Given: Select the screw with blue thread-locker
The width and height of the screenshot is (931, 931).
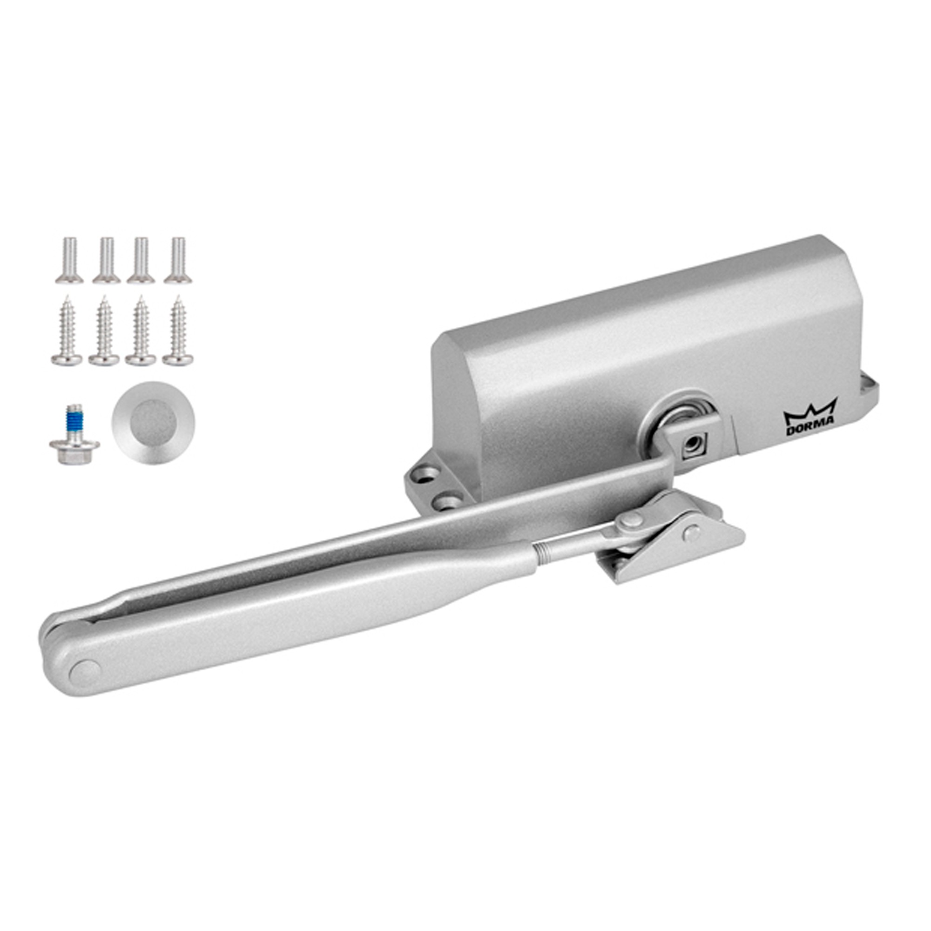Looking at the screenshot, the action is [74, 433].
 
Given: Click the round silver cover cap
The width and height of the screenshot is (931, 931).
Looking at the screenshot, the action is [153, 423].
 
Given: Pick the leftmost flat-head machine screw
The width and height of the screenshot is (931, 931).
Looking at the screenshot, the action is [69, 260].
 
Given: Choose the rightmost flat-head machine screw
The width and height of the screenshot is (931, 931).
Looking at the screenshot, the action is [178, 260].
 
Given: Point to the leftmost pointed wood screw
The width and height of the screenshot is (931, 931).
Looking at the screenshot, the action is [67, 331].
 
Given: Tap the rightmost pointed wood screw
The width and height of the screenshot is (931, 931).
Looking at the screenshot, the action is [178, 331].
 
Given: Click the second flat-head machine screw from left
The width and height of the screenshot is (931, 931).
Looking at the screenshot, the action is [107, 260].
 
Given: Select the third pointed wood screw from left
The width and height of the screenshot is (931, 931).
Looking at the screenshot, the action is [140, 331].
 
